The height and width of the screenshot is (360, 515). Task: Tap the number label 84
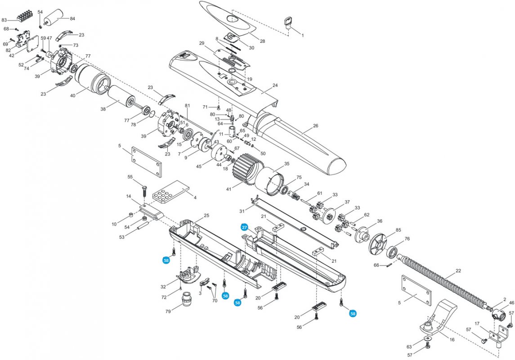coord(72,18)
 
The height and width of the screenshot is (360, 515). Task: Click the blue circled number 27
coord(244,227)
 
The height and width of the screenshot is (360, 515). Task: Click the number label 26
coord(315,126)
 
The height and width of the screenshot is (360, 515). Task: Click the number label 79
coord(168,311)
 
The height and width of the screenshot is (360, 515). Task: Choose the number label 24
coord(275,85)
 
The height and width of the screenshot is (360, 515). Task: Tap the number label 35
coord(287,164)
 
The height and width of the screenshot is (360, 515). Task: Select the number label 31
coord(242,211)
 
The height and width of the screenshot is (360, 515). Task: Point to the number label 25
coord(206,216)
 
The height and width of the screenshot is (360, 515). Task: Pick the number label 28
coord(262,41)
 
